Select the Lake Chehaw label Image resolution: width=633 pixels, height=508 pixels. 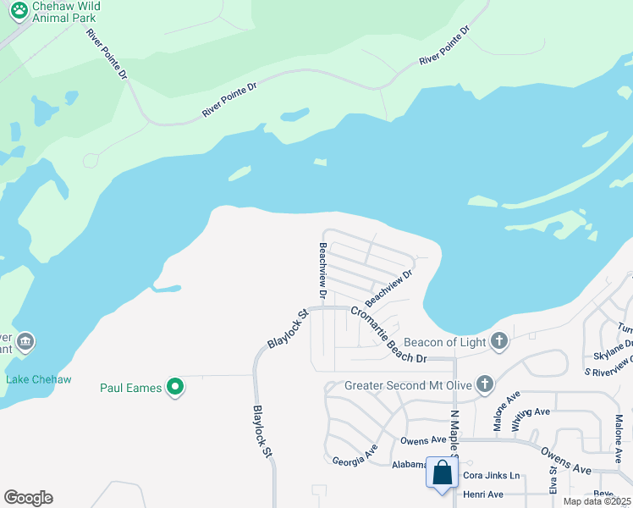39,378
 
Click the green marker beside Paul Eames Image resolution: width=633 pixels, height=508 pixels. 176,388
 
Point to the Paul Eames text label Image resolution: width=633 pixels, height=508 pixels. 132,388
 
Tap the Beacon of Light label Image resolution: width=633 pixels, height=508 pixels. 445,342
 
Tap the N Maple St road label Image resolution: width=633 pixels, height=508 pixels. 454,432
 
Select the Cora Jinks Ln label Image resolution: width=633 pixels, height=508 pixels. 490,476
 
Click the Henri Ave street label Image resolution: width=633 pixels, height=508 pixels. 482,494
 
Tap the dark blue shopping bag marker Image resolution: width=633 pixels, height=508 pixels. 443,472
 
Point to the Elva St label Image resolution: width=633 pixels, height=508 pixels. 553,479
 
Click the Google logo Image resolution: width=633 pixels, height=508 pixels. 28,498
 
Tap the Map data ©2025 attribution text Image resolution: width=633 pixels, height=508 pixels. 597,501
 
